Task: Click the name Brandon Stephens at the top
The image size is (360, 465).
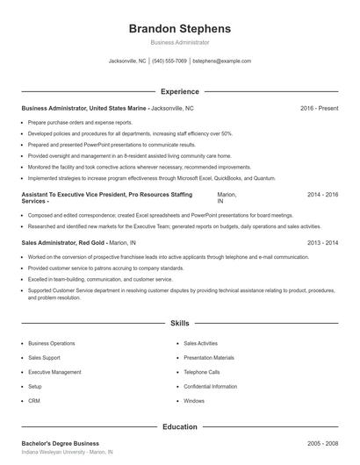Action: pos(179,28)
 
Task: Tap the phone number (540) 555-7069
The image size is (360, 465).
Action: pos(169,61)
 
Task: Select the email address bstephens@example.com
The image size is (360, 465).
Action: pos(221,61)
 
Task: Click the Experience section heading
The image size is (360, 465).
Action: pos(179,91)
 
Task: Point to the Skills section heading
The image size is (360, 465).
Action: pos(179,324)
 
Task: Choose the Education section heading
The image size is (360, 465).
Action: pos(179,427)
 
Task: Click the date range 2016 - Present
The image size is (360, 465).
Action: pos(319,108)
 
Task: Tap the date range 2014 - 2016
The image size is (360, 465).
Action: pos(322,194)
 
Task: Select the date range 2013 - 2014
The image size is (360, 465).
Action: pos(322,242)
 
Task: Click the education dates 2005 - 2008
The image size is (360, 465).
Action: pos(322,444)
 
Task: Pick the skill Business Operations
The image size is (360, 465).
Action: pos(52,344)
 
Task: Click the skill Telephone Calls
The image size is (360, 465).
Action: pos(202,372)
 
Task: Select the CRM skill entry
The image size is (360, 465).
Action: pos(34,400)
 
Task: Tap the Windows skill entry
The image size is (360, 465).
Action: pos(194,400)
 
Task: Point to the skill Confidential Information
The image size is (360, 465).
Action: pos(211,386)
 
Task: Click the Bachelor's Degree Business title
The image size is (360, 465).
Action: pos(61,444)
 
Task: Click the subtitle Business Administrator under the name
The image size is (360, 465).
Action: pos(179,42)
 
